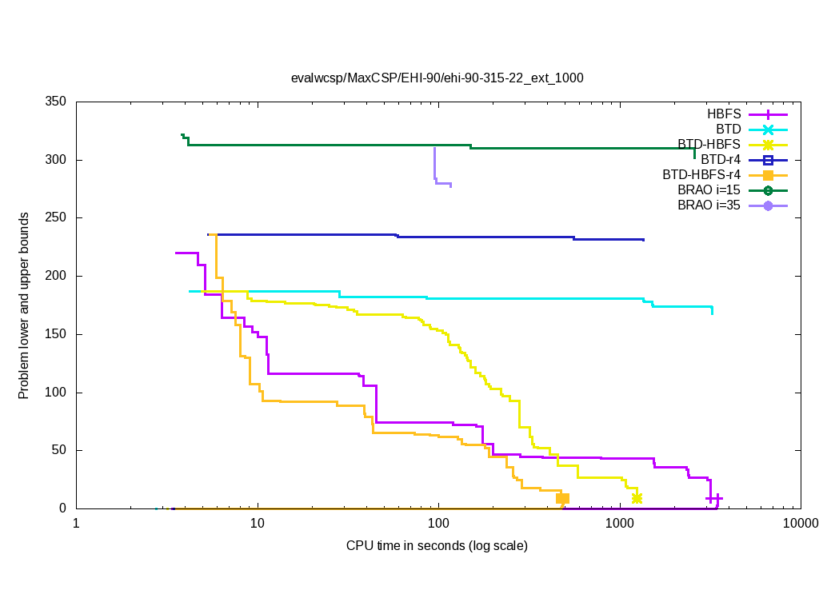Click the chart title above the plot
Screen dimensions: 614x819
pos(437,78)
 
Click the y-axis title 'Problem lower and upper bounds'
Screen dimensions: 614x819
pos(25,306)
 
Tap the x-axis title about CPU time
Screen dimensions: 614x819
pos(437,546)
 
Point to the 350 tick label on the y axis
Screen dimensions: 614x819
pos(56,102)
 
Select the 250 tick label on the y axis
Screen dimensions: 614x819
pos(56,218)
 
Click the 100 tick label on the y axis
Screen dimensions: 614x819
pos(56,393)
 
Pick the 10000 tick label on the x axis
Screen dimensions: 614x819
pos(801,524)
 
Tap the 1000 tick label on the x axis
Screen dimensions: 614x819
pos(620,524)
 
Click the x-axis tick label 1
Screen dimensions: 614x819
pos(76,524)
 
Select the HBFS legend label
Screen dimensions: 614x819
pos(724,114)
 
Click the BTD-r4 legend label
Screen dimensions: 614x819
pos(721,159)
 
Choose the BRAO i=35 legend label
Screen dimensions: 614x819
pos(709,205)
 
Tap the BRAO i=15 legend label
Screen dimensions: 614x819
pos(709,189)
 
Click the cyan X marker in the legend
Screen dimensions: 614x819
pos(768,129)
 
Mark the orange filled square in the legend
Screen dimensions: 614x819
pos(768,174)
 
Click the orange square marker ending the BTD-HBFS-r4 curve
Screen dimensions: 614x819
pos(562,498)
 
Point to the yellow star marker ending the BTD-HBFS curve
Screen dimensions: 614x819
pos(637,498)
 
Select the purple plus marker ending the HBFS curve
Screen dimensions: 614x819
pos(714,498)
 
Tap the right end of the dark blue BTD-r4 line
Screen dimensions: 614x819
pos(643,240)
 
